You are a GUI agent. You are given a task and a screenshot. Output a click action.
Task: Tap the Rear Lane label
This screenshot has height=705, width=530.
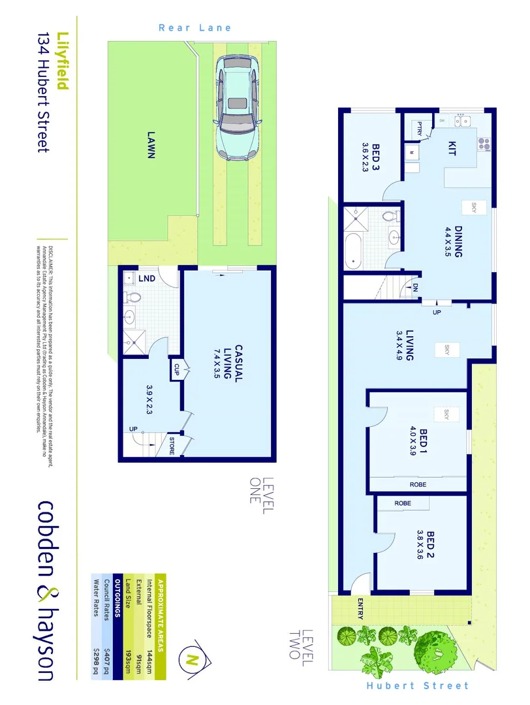[x=195, y=28]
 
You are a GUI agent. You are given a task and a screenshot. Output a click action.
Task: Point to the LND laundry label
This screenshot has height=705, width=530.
[x=148, y=279]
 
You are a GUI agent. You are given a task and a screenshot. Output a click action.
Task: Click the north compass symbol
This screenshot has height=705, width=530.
[x=192, y=659]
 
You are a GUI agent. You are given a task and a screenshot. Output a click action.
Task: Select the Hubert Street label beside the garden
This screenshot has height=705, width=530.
[x=418, y=685]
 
